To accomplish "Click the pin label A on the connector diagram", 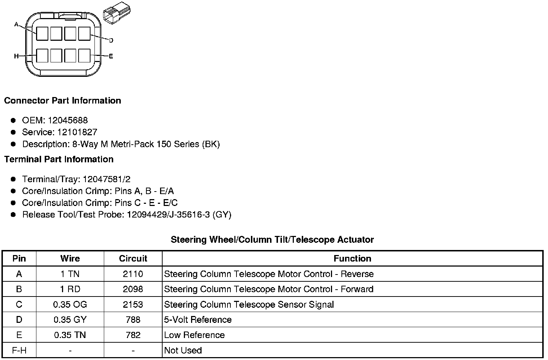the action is [x=16, y=25].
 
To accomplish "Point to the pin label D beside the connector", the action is [x=111, y=40].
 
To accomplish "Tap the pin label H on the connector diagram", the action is [x=16, y=56].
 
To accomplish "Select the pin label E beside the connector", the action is [x=111, y=56].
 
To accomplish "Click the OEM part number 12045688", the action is [x=68, y=120].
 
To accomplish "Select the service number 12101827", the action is [x=77, y=132].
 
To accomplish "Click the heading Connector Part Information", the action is [x=62, y=101].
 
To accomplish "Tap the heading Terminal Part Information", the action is [x=59, y=159].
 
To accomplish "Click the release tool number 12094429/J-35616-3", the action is [x=168, y=215].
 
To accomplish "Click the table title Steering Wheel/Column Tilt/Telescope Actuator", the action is [x=272, y=240].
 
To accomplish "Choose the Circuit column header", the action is [x=133, y=259].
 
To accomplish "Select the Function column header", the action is [x=352, y=259].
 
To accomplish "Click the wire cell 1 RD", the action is [x=70, y=289].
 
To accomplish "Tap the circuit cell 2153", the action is [x=133, y=304].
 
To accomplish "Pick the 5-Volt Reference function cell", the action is [x=198, y=320].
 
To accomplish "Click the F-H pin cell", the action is [x=19, y=350].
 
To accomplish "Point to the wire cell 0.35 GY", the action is [x=70, y=320].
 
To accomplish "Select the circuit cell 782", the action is [x=133, y=335].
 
